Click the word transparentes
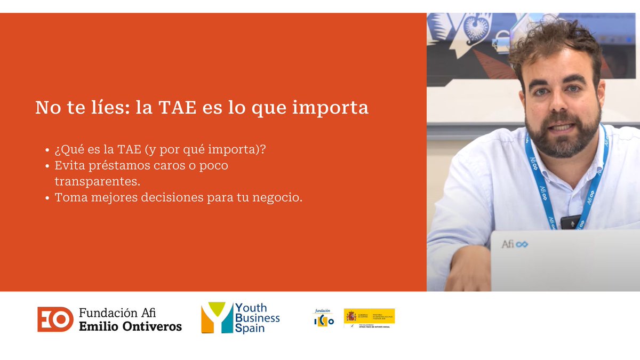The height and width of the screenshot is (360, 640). click(x=98, y=181)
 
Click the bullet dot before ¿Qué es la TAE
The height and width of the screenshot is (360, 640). click(x=49, y=150)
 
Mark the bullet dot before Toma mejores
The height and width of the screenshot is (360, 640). click(x=49, y=198)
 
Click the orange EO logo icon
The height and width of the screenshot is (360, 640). click(x=55, y=319)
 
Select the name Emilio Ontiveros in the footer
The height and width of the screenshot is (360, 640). click(x=130, y=326)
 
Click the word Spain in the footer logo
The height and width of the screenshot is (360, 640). click(x=250, y=329)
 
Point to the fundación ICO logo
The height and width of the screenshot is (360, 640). click(x=324, y=318)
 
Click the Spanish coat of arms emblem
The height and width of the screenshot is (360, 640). click(x=351, y=316)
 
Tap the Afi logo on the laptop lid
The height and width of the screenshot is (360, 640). click(x=514, y=244)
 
